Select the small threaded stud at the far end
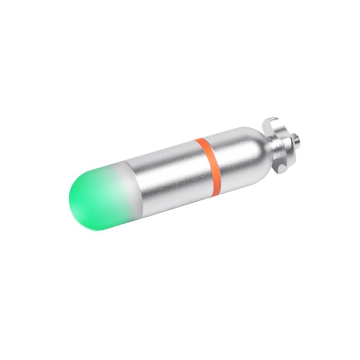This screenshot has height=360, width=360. (x=296, y=140)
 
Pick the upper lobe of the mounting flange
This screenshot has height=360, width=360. (x=271, y=122)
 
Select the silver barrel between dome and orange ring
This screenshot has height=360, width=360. (x=166, y=178)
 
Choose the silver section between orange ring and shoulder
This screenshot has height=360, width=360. (x=229, y=157)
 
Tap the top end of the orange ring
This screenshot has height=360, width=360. (x=198, y=141)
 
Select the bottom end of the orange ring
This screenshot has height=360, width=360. (x=217, y=193)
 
